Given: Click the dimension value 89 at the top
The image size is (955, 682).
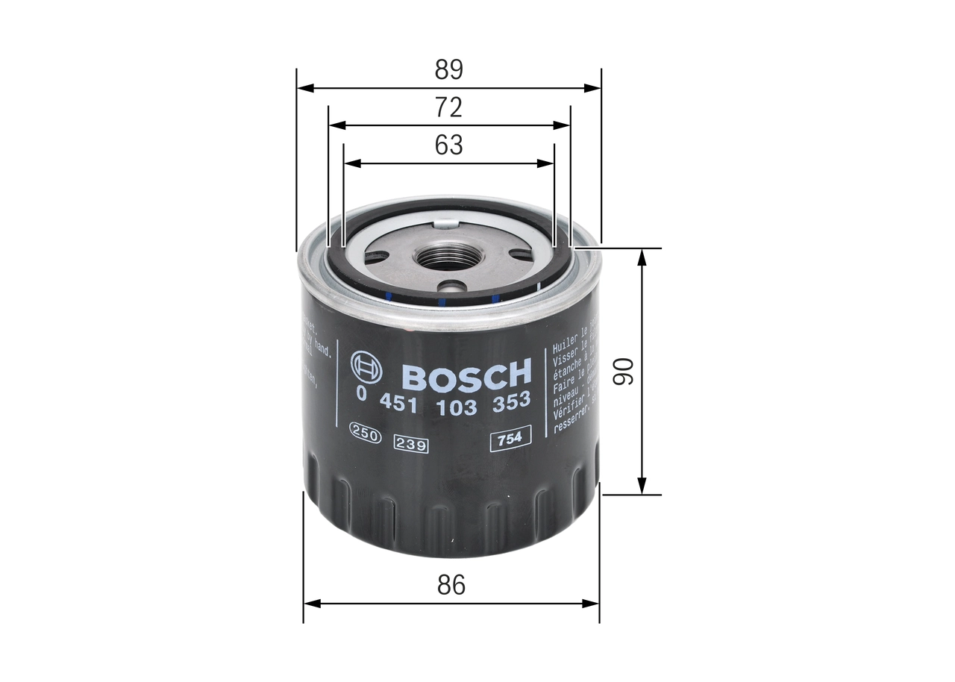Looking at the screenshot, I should coord(449,69).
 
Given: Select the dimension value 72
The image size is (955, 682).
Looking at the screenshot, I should coord(449,107).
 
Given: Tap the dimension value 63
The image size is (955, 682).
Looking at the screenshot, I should coord(449,145).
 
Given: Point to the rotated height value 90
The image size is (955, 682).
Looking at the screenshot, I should coord(624,371).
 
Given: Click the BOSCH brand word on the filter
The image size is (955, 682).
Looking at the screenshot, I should coord(466,375).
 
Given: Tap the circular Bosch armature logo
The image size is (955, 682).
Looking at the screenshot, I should coord(366,366).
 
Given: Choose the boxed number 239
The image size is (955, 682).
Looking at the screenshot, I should coord(411,445).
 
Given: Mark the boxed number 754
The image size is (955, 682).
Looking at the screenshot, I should coord(510,439).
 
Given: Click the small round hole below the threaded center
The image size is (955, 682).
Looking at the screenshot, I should coord(451,286).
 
